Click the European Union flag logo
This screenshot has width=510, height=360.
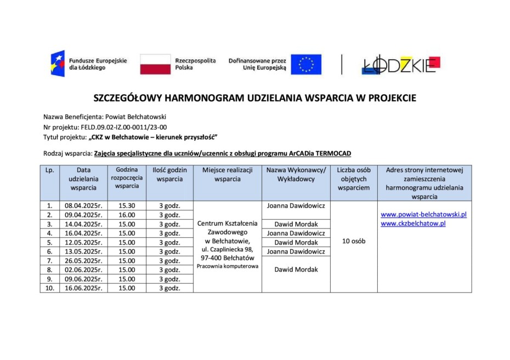pos(306,64)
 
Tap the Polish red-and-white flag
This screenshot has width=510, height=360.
pos(155,64)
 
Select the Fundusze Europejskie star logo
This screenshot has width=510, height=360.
pos(58,64)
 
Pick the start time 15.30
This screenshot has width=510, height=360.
pos(127,206)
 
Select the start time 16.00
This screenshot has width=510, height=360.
pos(127,215)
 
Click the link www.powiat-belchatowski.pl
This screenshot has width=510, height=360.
pos(423,214)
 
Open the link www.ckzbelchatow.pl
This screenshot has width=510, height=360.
pos(413,223)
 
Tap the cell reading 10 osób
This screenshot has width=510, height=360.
pos(354,241)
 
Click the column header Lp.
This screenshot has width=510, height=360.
pos(50,170)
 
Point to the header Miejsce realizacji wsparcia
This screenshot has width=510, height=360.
pos(228,174)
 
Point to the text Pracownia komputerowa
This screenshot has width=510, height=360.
pos(228,266)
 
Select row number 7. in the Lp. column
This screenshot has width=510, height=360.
pos(50,260)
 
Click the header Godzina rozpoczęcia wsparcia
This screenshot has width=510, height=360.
pos(127,178)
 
